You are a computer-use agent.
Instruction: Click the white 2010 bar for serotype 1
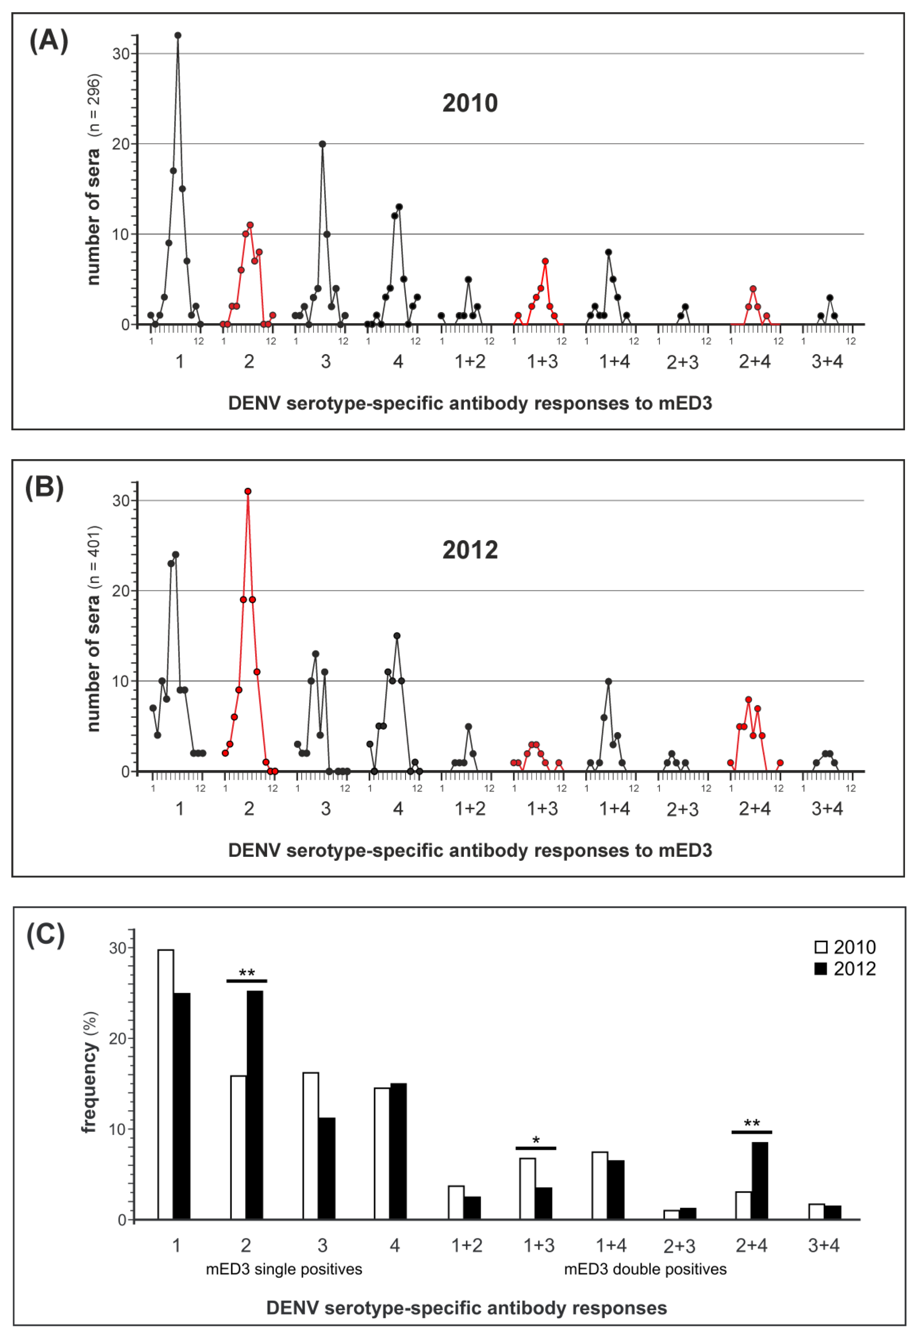[166, 1085]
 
